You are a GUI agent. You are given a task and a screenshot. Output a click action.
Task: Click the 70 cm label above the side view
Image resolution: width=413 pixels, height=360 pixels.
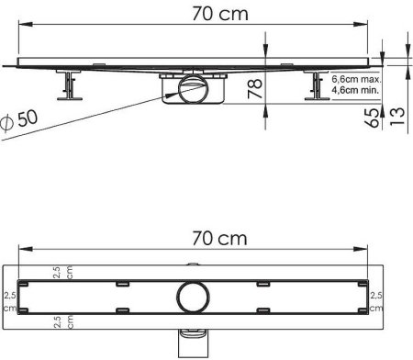point(220,14)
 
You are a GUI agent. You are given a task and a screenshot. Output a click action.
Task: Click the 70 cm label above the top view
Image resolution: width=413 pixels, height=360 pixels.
point(219,239)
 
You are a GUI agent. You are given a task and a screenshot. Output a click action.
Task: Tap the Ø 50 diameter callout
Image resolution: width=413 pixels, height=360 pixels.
point(19,120)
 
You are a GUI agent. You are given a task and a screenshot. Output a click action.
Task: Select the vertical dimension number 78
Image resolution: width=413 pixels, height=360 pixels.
point(255,89)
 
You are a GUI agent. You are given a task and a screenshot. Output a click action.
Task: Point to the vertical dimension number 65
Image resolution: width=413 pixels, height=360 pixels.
point(372,118)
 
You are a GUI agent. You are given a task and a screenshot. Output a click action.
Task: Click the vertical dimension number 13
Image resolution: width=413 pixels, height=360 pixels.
point(397,116)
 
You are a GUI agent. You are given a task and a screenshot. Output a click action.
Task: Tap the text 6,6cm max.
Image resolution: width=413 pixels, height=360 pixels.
point(356,79)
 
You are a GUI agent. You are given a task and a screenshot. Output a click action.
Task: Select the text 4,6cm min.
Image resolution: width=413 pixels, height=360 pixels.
point(355,90)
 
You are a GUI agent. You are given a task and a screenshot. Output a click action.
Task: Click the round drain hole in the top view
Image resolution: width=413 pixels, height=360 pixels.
point(194,297)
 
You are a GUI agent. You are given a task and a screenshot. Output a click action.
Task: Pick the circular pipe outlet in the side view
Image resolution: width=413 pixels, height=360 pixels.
point(194,89)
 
